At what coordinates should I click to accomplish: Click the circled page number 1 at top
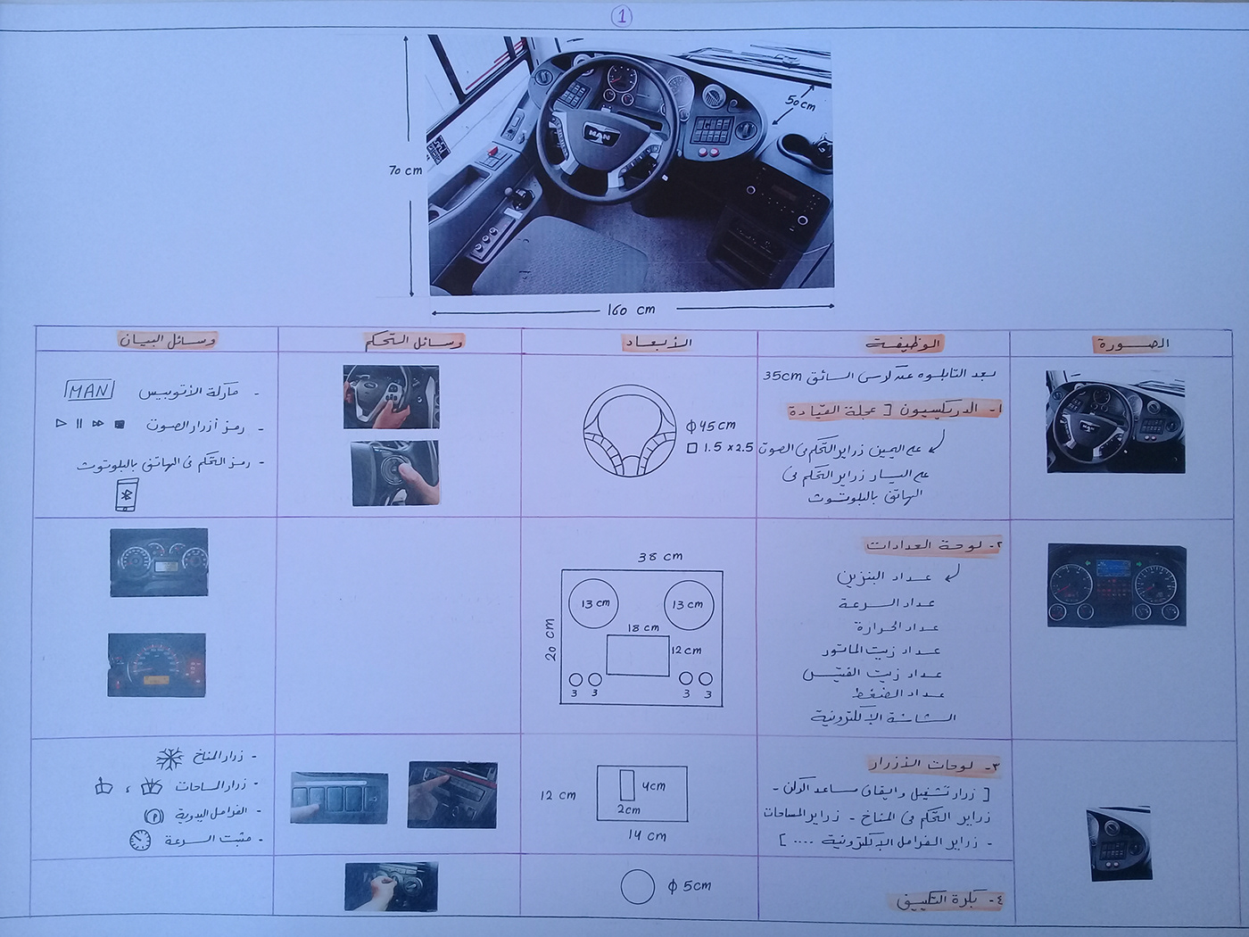[x=622, y=17]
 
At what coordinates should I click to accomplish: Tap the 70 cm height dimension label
[x=405, y=170]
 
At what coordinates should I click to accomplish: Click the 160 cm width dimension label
[x=631, y=310]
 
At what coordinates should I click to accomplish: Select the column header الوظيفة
[x=903, y=344]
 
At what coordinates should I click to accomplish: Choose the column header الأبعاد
[x=658, y=343]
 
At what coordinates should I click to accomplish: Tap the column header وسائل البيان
[x=168, y=340]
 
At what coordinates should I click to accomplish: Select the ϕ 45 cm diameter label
[x=711, y=425]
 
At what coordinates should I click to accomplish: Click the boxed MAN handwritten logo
[x=88, y=391]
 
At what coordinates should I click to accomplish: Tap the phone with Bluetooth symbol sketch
[x=126, y=495]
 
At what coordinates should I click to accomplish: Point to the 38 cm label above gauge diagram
[x=659, y=556]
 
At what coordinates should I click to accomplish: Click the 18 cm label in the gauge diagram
[x=642, y=627]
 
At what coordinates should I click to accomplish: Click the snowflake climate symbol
[x=169, y=759]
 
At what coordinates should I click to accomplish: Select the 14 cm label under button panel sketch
[x=646, y=835]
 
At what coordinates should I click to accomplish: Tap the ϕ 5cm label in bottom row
[x=689, y=885]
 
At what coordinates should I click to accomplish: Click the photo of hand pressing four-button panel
[x=339, y=797]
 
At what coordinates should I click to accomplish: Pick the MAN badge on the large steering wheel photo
[x=599, y=134]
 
